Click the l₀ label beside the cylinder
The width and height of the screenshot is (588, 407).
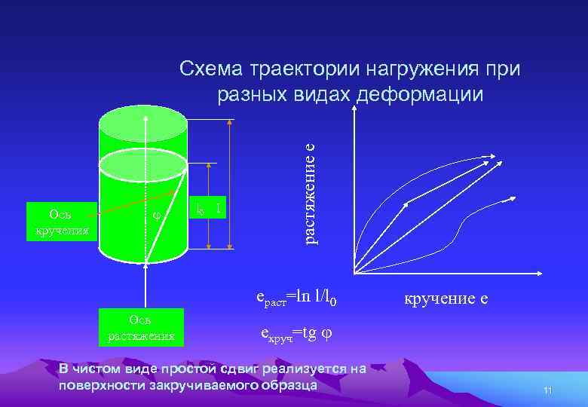coord(199,209)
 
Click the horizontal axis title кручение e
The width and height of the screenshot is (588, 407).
coord(447,298)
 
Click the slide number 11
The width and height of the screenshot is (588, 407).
coord(548,390)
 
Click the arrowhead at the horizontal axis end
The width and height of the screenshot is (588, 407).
coord(512,272)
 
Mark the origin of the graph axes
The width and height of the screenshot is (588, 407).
coord(353,272)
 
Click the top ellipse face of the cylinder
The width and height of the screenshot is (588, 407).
coord(143,121)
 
